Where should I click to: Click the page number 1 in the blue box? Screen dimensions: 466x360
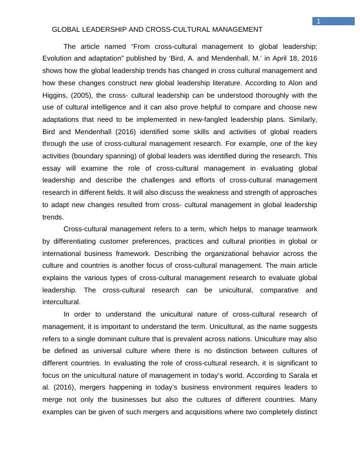[318, 21]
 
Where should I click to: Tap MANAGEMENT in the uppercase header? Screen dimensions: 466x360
[233, 29]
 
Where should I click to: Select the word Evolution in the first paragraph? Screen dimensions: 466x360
[59, 58]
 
